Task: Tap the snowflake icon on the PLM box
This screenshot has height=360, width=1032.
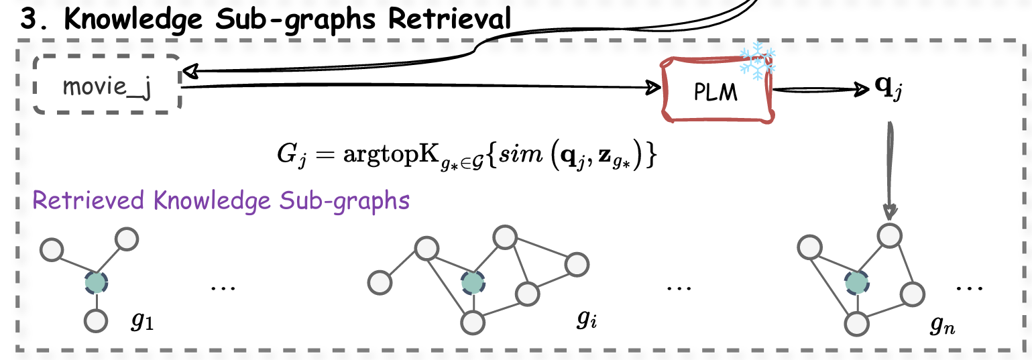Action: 756,61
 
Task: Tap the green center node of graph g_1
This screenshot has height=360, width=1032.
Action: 96,283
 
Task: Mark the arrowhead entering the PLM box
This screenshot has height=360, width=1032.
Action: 651,88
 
